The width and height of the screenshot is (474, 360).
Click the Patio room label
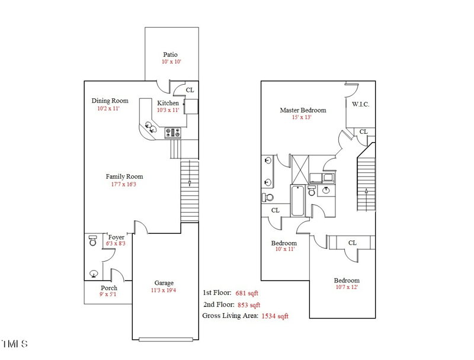pyautogui.click(x=171, y=54)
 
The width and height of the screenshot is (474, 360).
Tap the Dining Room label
pyautogui.click(x=110, y=101)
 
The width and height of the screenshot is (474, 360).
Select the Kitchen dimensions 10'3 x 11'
pyautogui.click(x=168, y=110)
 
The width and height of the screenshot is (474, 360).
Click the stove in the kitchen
pyautogui.click(x=174, y=134)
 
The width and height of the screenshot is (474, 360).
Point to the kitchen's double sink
pyautogui.click(x=149, y=127)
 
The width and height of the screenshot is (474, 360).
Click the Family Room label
pyautogui.click(x=124, y=176)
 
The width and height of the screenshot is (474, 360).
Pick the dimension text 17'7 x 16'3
pyautogui.click(x=124, y=185)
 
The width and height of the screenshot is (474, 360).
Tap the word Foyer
pyautogui.click(x=116, y=237)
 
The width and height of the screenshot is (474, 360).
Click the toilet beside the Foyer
pyautogui.click(x=92, y=241)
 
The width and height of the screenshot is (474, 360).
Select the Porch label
pyautogui.click(x=109, y=288)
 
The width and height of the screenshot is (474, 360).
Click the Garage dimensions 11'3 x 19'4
pyautogui.click(x=164, y=291)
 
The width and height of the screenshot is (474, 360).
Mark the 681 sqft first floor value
pyautogui.click(x=247, y=293)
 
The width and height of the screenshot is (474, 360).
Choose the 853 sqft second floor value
pyautogui.click(x=248, y=305)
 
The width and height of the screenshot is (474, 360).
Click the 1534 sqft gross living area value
pyautogui.click(x=275, y=316)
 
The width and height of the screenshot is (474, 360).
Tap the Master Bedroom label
pyautogui.click(x=303, y=110)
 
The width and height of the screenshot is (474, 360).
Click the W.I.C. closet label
pyautogui.click(x=360, y=104)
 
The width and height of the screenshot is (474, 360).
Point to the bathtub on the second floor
pyautogui.click(x=297, y=201)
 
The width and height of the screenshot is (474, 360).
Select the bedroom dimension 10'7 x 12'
pyautogui.click(x=347, y=288)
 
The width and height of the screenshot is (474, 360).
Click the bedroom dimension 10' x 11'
pyautogui.click(x=284, y=249)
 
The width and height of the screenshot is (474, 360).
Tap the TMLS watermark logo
pyautogui.click(x=14, y=344)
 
